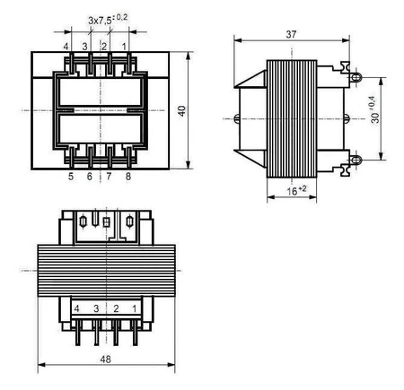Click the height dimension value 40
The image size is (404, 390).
click(x=181, y=110)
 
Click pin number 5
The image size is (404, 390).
click(x=70, y=178)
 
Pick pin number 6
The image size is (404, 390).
click(x=90, y=178)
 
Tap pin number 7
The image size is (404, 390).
click(x=109, y=178)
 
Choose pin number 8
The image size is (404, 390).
click(x=128, y=178)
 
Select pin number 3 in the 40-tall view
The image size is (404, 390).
click(x=85, y=45)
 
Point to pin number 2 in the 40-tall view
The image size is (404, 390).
click(x=105, y=45)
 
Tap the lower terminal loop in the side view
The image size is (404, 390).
click(x=356, y=160)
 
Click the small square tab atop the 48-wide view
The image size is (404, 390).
click(x=106, y=221)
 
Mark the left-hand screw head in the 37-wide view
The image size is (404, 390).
click(x=236, y=118)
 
